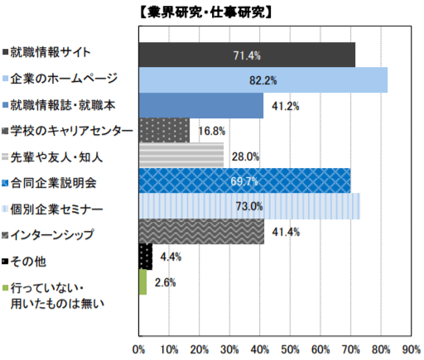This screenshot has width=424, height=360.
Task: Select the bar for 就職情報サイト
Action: (247, 55)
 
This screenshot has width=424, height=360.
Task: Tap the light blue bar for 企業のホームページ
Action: (263, 80)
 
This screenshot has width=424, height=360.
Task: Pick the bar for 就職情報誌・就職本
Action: (200, 106)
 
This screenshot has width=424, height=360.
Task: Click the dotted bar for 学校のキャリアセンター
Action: (164, 131)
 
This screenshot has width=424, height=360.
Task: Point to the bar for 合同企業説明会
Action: (244, 180)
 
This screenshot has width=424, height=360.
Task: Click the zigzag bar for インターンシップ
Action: (201, 232)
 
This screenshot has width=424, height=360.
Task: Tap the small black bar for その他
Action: (145, 257)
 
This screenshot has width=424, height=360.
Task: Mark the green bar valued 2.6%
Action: (142, 282)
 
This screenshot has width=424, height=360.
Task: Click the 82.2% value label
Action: (263, 81)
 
